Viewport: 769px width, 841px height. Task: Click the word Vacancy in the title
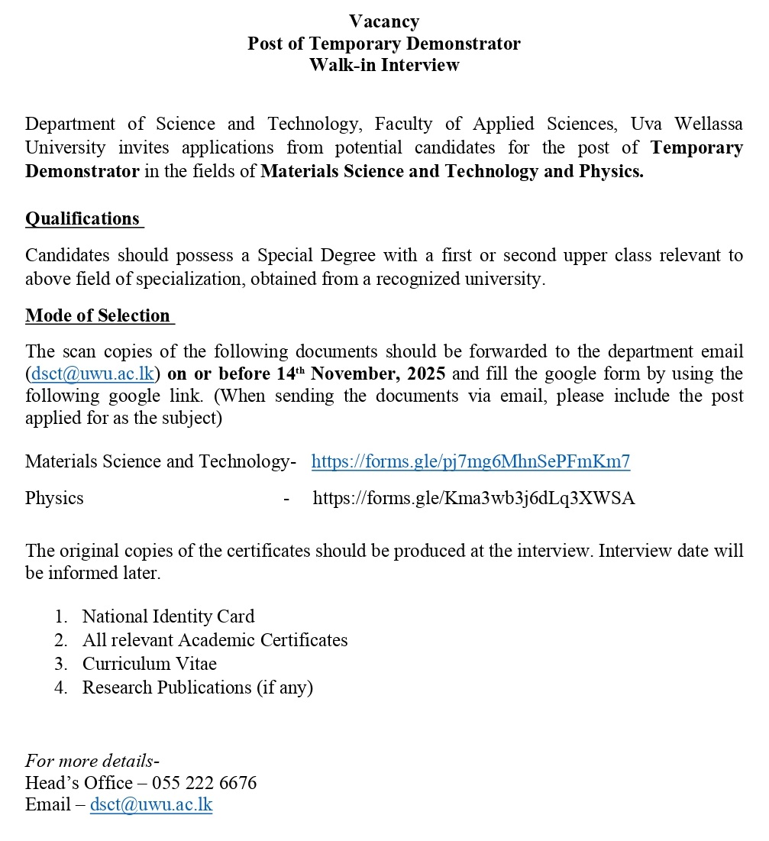384,21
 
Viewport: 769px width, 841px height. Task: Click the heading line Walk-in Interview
384,65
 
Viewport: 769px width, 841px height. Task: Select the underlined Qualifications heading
83,219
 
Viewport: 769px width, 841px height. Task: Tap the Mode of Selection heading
98,316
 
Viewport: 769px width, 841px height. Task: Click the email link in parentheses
93,374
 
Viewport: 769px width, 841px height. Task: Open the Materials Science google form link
470,461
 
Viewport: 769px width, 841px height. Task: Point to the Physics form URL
473,499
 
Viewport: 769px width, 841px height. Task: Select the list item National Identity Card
168,616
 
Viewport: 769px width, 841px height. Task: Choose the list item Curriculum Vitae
150,664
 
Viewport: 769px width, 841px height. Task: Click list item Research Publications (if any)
198,687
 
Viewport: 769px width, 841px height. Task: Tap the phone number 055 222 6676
204,783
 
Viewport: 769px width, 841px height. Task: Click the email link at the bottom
151,805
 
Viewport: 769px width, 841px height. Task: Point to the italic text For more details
89,761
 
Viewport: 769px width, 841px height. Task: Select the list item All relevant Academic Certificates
215,640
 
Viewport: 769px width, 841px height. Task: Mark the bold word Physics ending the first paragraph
612,172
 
